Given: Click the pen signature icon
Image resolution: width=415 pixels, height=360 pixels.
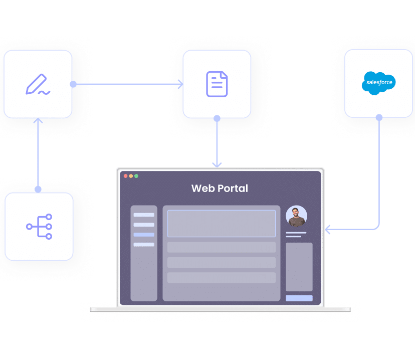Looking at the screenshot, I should click(38, 85).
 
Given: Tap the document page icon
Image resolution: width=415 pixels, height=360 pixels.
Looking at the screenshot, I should click(217, 84).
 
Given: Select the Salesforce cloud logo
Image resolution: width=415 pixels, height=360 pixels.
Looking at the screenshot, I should click(379, 83).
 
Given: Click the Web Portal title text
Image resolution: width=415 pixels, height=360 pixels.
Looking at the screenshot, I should click(220, 189).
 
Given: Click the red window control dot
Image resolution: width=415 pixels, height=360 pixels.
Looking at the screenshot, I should click(125, 176).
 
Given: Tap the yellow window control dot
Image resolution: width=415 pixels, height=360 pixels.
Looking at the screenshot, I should click(131, 176).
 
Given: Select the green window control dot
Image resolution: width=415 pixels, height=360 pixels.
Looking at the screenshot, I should click(136, 176).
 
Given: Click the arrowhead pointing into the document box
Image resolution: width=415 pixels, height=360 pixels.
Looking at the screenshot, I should click(180, 85).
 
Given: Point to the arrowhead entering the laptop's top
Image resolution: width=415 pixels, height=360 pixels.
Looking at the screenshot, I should click(217, 164).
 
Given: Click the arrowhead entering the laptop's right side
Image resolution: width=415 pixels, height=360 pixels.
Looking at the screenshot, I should click(328, 230).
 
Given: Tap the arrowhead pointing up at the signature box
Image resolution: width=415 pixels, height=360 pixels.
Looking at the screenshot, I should click(38, 121).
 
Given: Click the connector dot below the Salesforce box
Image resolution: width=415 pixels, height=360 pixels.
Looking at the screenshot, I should click(379, 117).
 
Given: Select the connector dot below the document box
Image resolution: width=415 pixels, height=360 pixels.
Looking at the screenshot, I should click(217, 119).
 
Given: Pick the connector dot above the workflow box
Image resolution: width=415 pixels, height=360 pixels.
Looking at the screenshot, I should click(38, 190).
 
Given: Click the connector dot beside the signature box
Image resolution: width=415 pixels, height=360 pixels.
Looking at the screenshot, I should click(73, 84).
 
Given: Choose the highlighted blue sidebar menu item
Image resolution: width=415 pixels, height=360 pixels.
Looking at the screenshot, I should click(144, 235).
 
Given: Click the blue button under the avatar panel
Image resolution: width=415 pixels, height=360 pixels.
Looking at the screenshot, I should click(299, 298).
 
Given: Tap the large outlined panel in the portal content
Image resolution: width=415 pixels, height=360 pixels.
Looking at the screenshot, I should click(221, 223).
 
